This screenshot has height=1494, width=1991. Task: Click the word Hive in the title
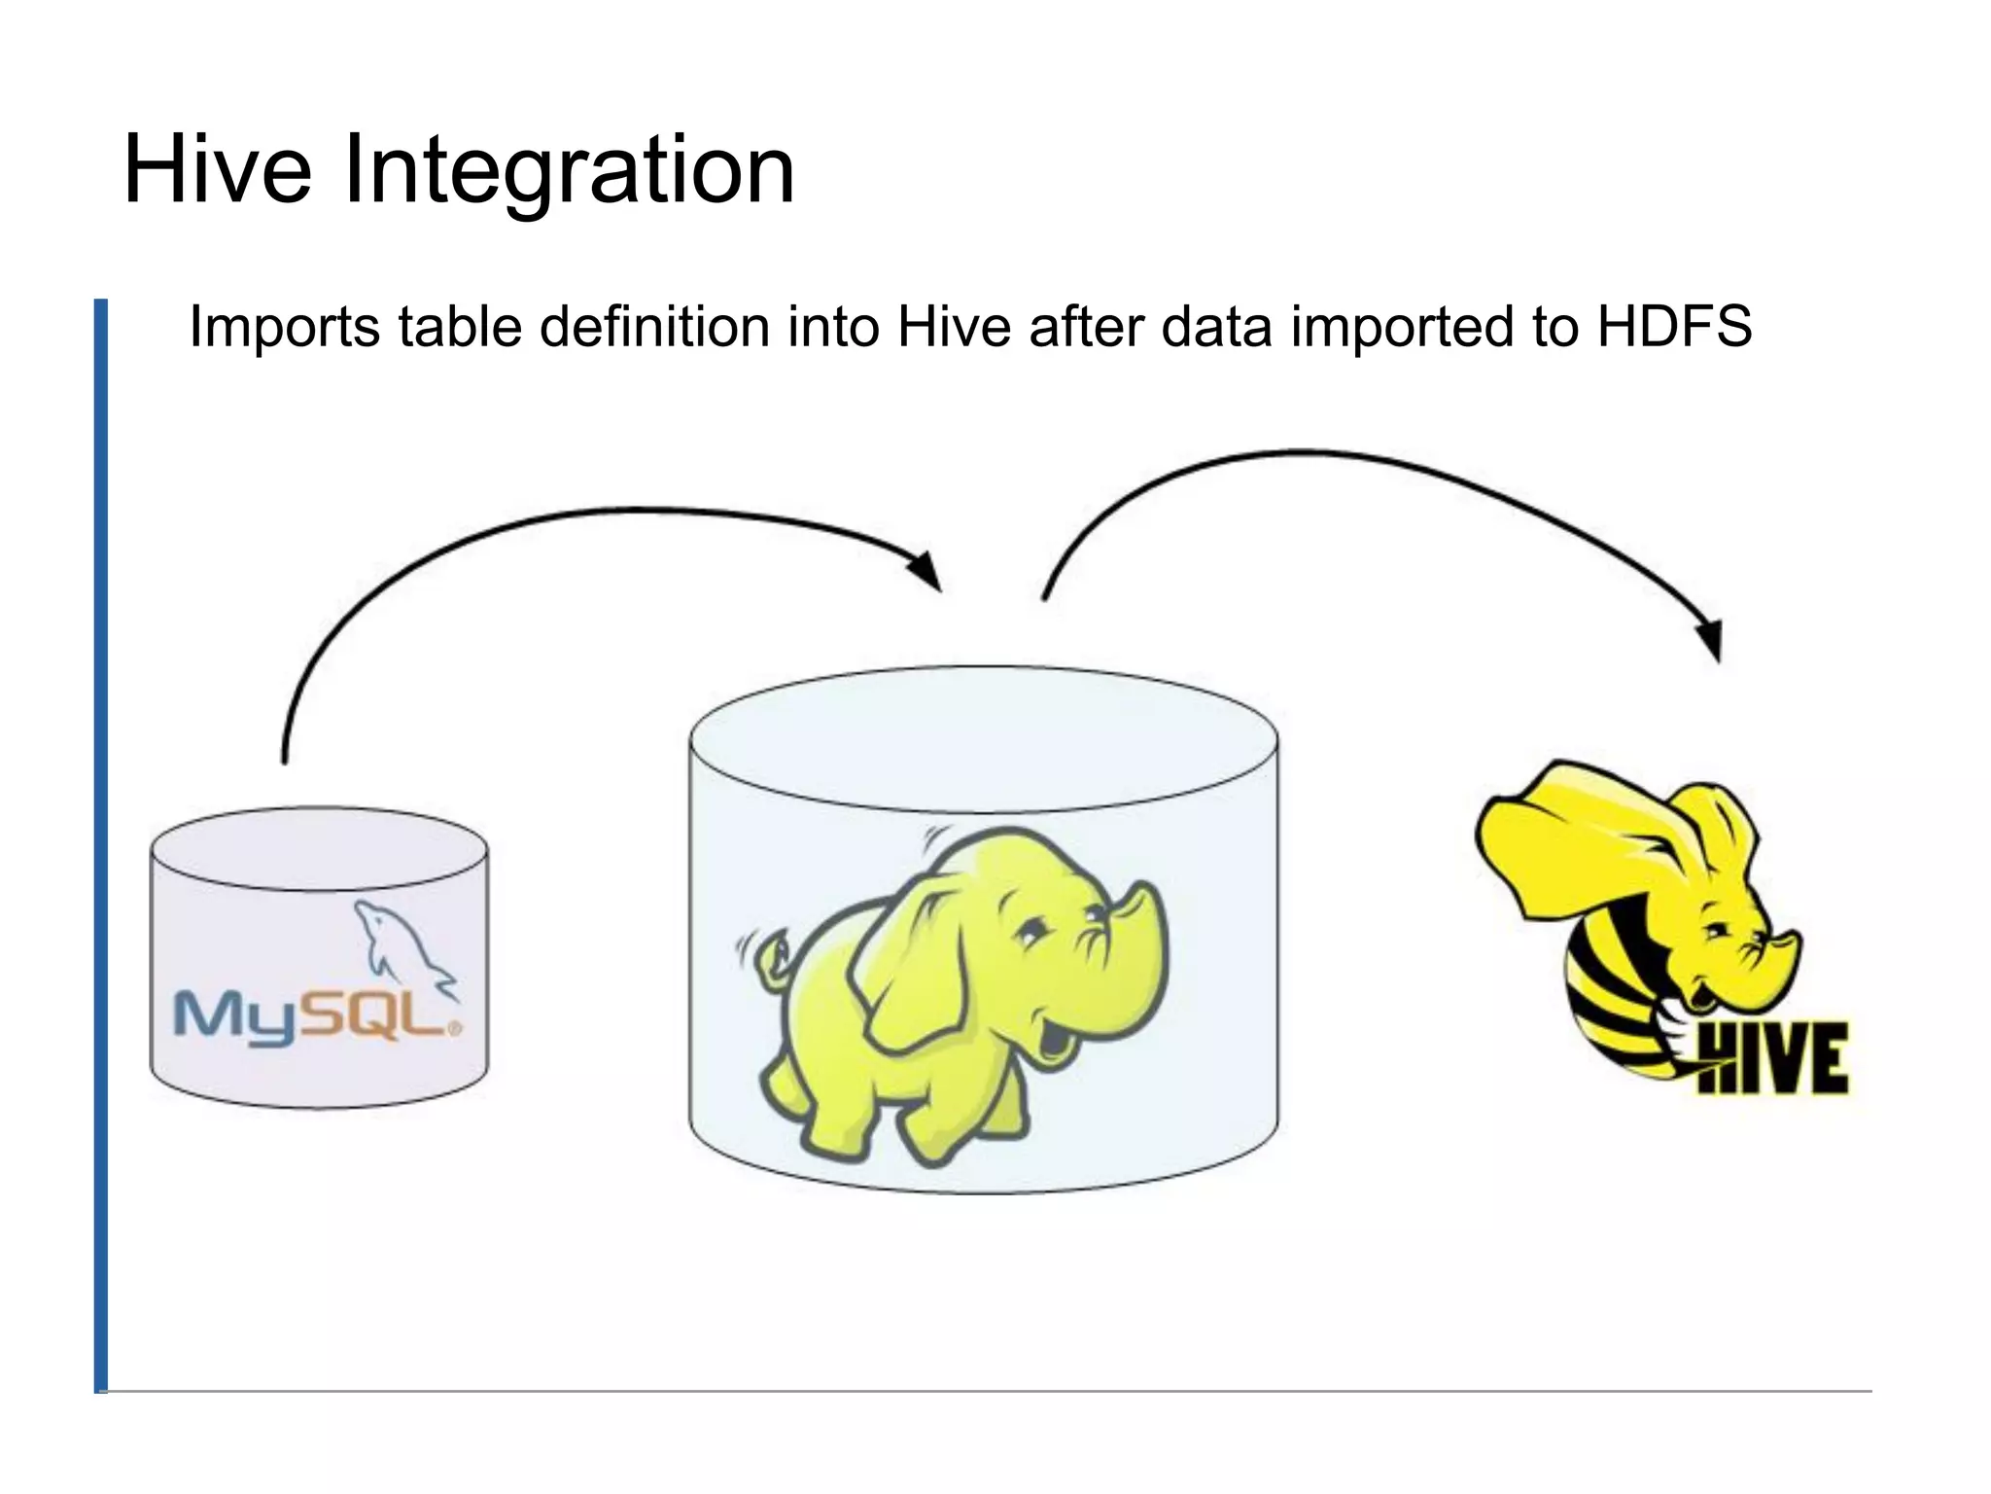pos(217,171)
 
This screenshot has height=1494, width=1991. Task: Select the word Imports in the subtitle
pos(284,328)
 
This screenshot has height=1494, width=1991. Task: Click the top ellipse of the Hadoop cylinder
pos(983,739)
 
